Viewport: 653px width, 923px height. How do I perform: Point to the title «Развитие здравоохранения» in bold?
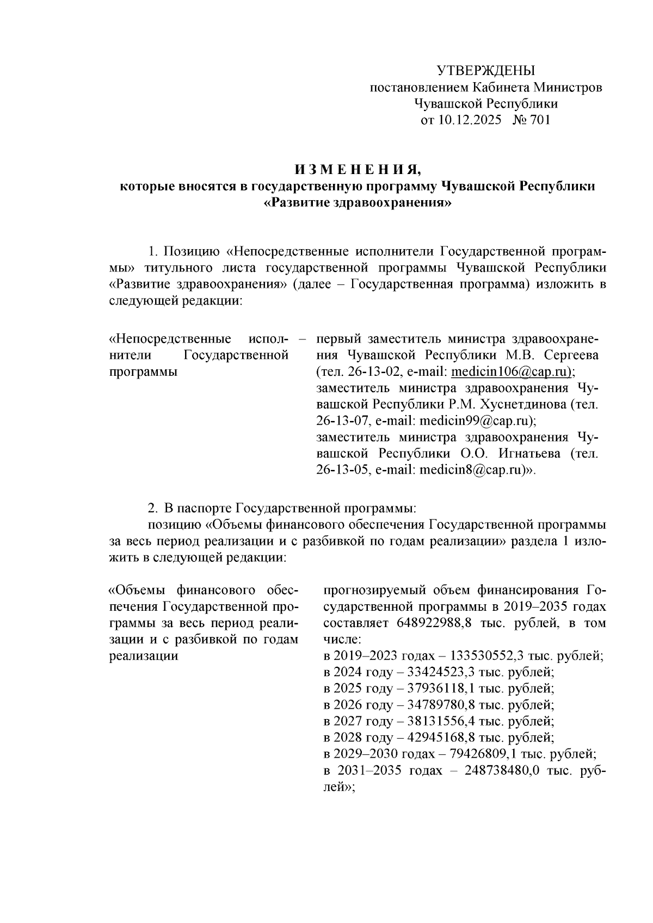(358, 203)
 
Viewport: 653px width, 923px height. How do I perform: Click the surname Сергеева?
(571, 355)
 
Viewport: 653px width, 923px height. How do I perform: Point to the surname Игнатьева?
(526, 453)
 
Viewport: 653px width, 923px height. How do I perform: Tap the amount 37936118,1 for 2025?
(436, 688)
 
